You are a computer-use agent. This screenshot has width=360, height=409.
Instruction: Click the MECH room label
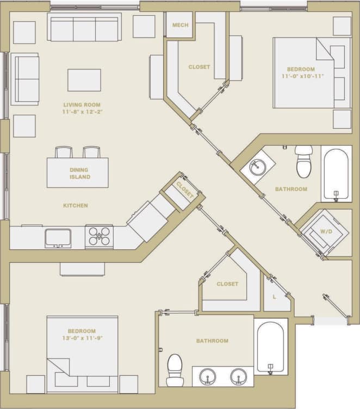tap(179, 26)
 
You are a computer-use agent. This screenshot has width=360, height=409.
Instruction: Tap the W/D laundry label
tap(326, 231)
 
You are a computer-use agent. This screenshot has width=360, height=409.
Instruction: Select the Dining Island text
tap(79, 173)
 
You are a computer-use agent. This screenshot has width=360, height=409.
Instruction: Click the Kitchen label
tap(76, 205)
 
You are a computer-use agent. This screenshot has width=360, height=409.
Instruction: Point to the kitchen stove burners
tap(99, 237)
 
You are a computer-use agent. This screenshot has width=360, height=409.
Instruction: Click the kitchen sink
tap(58, 237)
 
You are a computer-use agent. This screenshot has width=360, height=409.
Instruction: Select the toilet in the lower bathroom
tap(175, 369)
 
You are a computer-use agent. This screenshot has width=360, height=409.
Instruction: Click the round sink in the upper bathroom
tap(258, 167)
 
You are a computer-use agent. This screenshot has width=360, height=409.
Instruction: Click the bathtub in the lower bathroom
tap(270, 348)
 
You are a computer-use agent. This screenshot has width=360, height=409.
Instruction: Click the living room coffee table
tap(84, 80)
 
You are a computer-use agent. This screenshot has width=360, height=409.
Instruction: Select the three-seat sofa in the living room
tap(84, 29)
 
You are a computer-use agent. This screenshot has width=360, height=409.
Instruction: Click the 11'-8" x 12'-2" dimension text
tap(83, 112)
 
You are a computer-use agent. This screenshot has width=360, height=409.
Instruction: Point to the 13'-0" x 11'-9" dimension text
tap(82, 338)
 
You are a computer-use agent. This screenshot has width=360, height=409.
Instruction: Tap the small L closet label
tap(275, 297)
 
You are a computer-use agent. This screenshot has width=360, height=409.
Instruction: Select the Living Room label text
tap(82, 105)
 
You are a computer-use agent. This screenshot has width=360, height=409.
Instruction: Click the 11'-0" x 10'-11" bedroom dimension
tap(302, 76)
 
